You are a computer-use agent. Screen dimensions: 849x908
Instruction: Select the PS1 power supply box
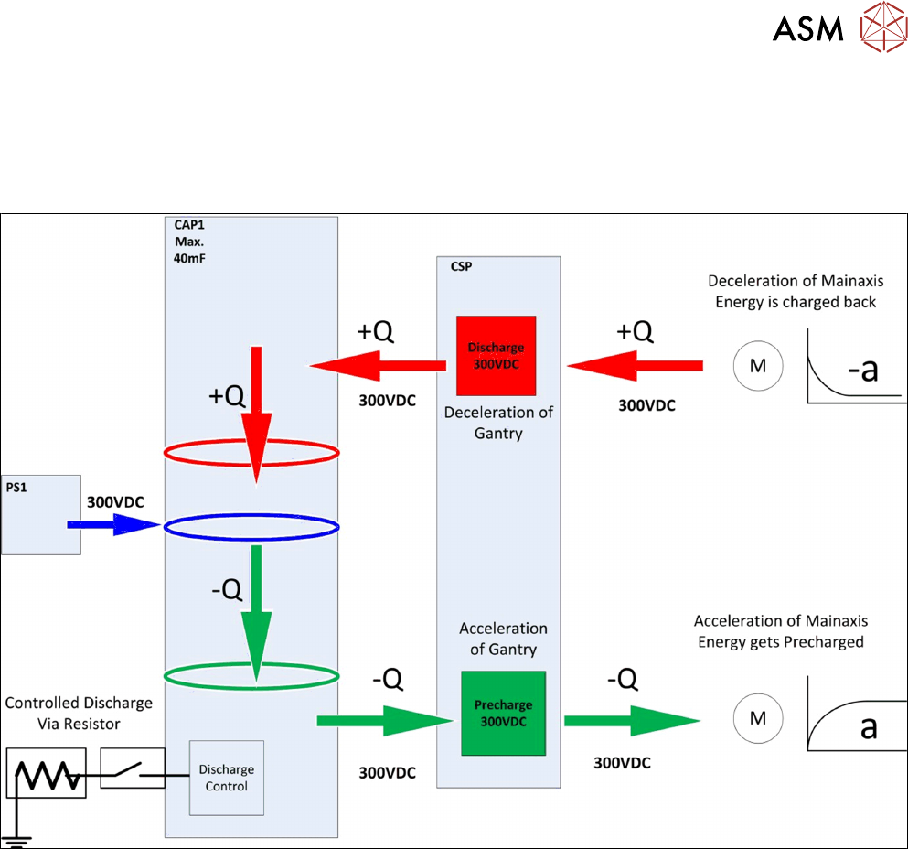40,513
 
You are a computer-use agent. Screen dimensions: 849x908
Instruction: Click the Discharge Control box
227,778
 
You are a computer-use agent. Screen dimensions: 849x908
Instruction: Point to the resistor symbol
46,773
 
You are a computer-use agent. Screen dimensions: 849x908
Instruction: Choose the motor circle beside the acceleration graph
757,718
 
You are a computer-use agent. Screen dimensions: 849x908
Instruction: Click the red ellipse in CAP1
251,452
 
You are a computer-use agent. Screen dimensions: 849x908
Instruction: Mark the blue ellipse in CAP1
251,526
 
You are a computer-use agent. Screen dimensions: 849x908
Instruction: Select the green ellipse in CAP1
251,676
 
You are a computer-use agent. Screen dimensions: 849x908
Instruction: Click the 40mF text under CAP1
189,259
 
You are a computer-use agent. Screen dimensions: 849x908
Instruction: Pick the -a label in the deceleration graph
863,370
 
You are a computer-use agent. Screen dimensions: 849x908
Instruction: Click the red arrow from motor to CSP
636,366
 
